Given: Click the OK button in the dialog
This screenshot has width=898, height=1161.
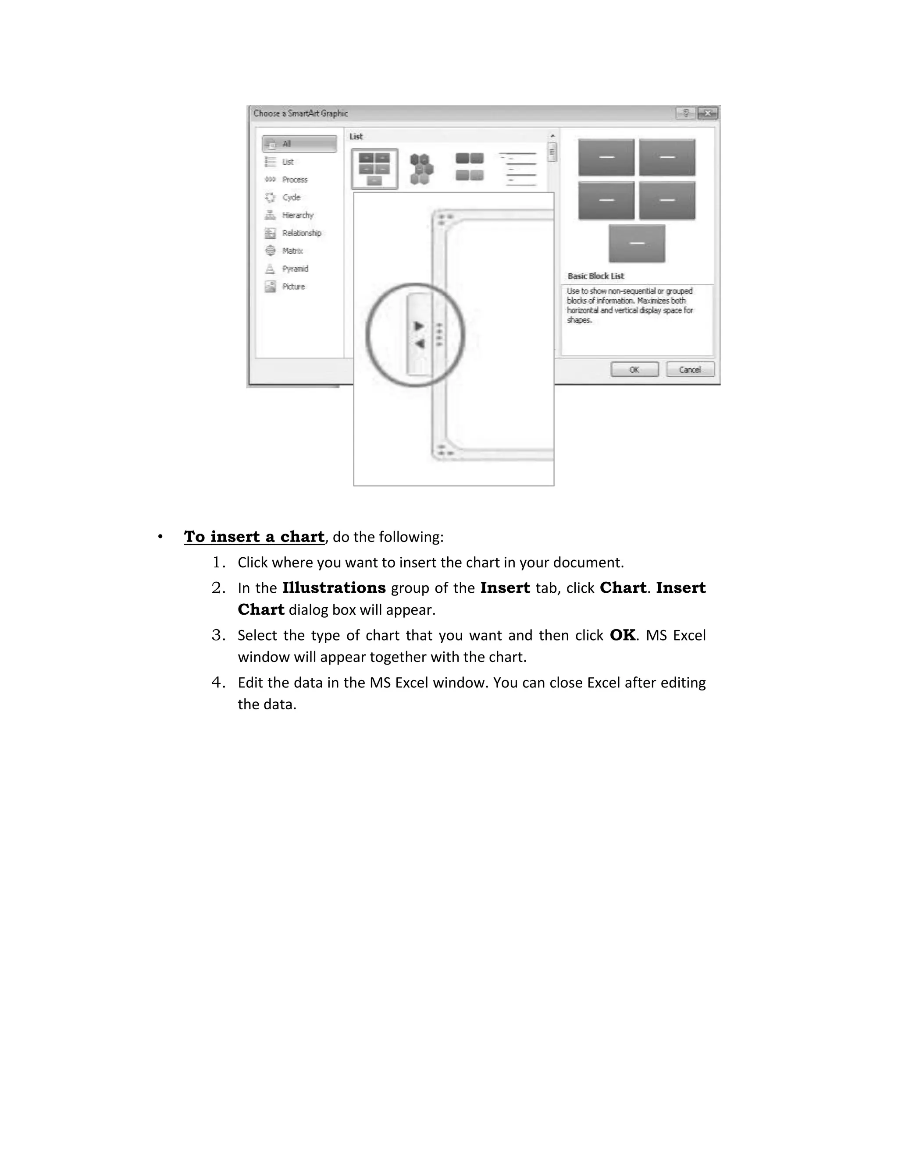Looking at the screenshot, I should [x=634, y=369].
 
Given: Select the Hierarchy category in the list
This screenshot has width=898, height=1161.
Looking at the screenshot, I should [x=297, y=215].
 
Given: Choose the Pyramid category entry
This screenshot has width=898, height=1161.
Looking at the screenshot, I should [x=295, y=269].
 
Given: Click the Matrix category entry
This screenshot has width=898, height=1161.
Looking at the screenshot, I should [x=292, y=251].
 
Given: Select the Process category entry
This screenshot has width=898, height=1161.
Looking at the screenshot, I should [x=294, y=180].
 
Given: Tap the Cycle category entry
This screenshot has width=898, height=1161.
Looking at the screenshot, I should [x=291, y=197].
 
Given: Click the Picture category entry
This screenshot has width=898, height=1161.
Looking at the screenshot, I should [x=293, y=287].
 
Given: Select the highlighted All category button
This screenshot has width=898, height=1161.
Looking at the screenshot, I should [x=299, y=144].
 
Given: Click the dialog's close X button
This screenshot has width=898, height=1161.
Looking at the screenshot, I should [x=708, y=113].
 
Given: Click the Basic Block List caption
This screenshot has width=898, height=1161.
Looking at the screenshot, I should [x=595, y=276].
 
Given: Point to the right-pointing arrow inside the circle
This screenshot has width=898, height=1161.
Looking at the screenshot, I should [x=419, y=326].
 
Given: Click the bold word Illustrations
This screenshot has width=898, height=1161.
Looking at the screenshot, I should [x=334, y=588].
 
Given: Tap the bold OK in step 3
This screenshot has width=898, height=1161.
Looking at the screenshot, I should [x=622, y=635].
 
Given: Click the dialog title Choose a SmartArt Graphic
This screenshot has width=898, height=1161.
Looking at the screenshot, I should [x=300, y=113].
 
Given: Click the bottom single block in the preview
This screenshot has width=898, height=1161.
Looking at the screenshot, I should [x=637, y=244].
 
